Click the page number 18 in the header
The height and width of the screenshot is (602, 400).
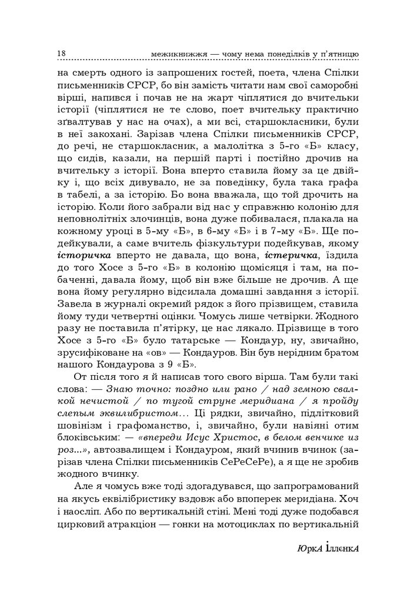61,54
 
